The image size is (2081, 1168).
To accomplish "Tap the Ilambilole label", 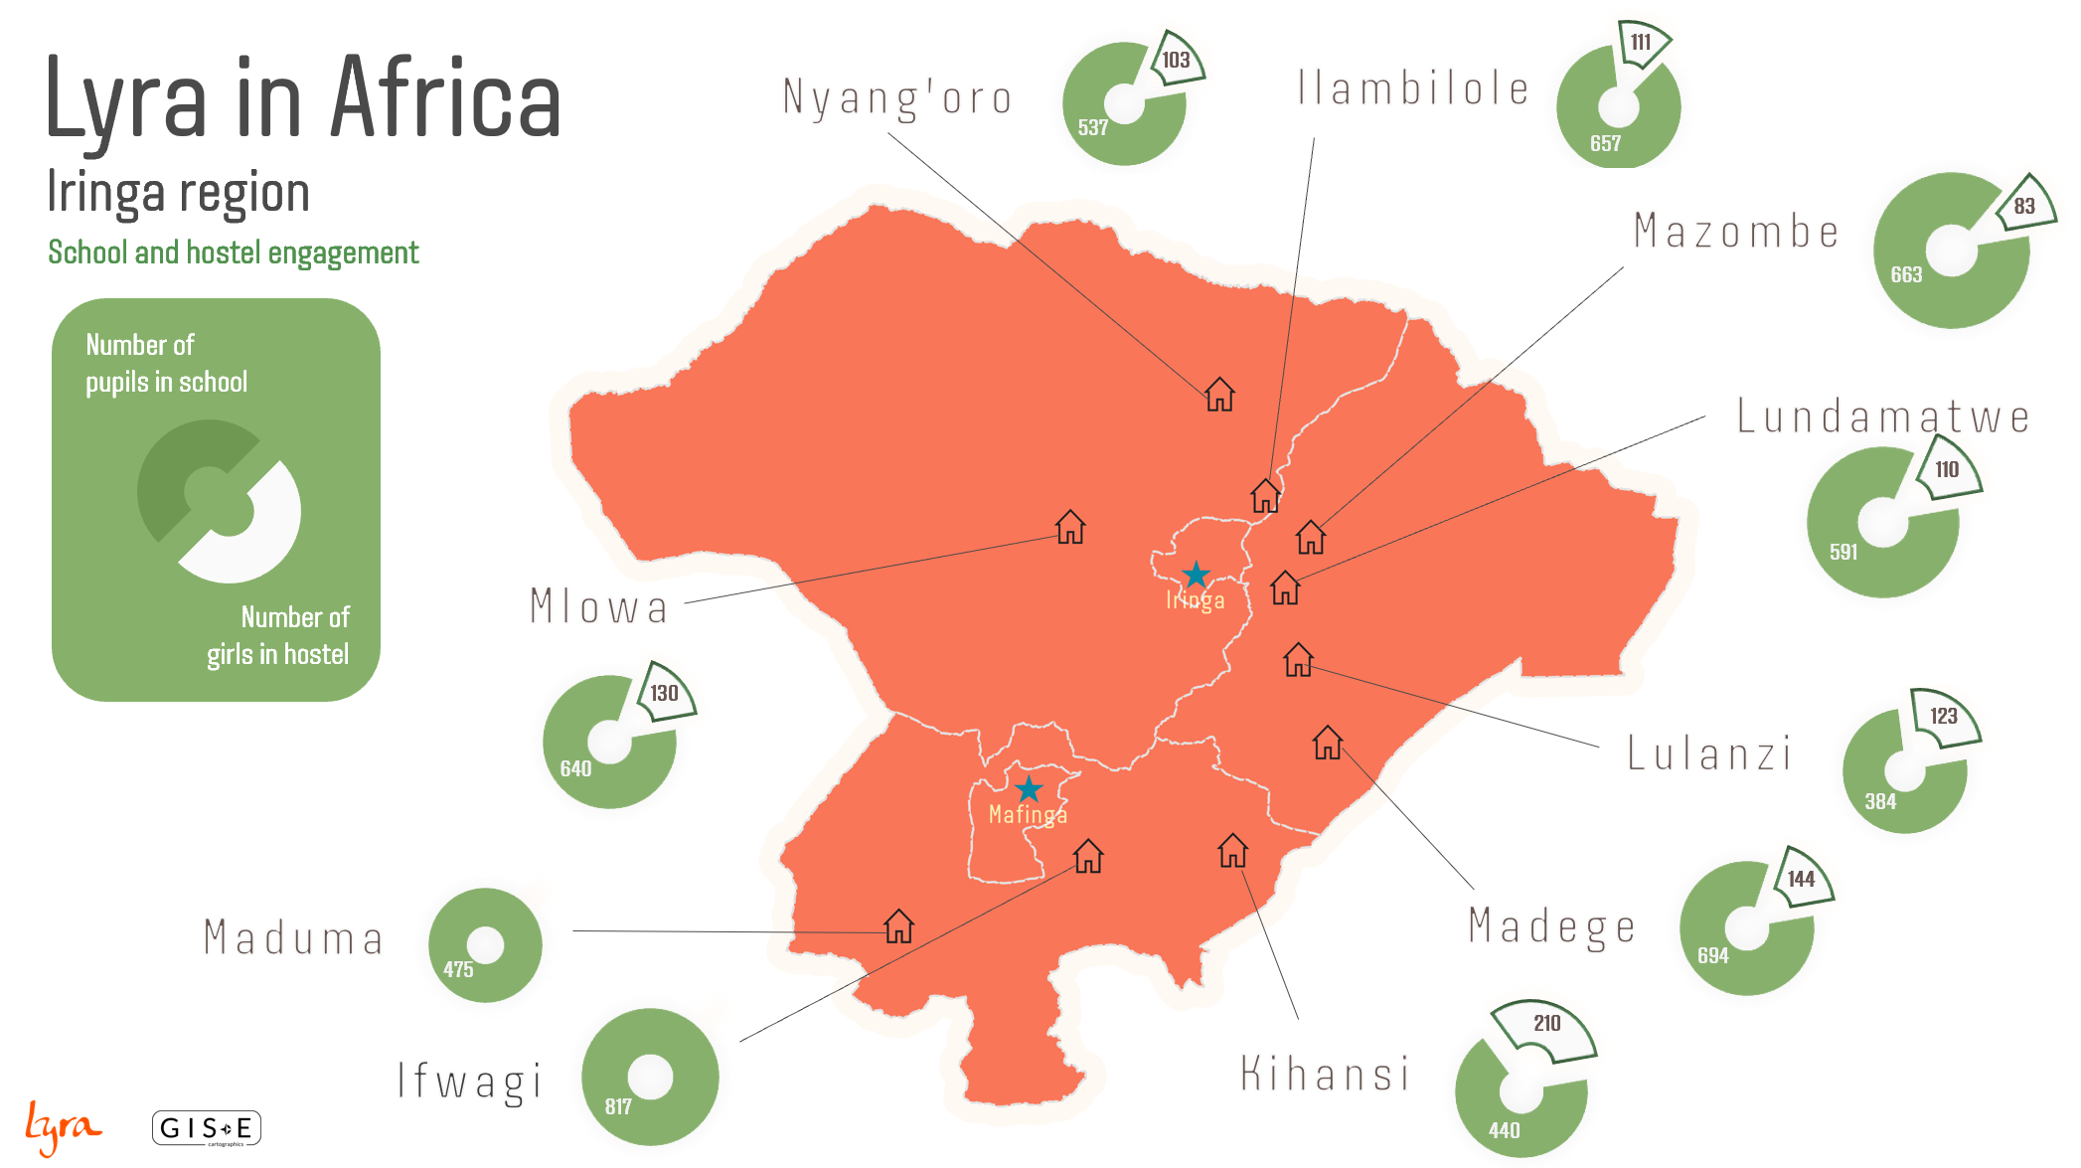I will click(1412, 89).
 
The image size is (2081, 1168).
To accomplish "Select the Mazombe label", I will click(1736, 232).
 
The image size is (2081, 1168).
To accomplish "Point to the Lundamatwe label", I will click(1882, 417).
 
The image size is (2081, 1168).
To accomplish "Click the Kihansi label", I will click(1325, 1075).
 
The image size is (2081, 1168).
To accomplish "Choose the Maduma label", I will click(293, 938).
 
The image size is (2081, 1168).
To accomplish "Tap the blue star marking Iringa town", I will click(1196, 575).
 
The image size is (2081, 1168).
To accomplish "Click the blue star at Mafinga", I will click(1029, 789).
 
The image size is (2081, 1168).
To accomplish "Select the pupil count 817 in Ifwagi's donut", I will click(618, 1106).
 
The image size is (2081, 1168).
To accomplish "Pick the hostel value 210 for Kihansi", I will click(1546, 1024).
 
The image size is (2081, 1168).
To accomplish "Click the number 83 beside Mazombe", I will click(2024, 207).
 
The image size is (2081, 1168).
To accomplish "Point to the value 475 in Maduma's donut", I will click(458, 969).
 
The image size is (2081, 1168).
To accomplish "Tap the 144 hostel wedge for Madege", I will click(1801, 879).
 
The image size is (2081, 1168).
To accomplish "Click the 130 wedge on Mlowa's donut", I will click(664, 693).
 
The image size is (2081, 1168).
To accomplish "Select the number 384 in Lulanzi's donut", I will click(1880, 801).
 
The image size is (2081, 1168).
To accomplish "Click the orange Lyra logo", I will click(62, 1128).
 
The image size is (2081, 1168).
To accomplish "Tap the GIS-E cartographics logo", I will click(207, 1128).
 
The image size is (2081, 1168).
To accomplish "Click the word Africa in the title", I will click(445, 98).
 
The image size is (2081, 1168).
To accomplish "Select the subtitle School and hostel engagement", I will click(234, 253).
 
